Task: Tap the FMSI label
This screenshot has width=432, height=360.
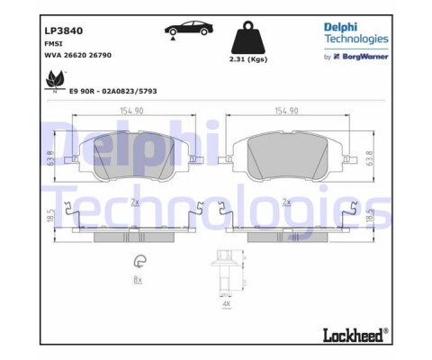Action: (53, 42)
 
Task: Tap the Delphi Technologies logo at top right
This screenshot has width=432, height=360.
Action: (355, 33)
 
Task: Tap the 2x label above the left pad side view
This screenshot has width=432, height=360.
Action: (134, 202)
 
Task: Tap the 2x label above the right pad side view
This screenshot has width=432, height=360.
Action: (286, 202)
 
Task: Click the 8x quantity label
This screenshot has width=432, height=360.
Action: (138, 281)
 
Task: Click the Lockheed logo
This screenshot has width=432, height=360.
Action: (355, 334)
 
